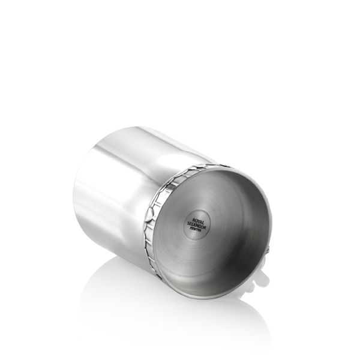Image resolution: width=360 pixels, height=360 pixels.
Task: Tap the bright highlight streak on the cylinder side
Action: [x=120, y=180]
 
